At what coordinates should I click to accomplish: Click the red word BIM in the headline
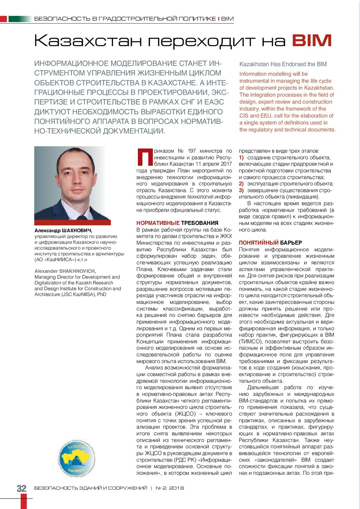pyautogui.click(x=311, y=40)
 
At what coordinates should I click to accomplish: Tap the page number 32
pyautogui.click(x=21, y=488)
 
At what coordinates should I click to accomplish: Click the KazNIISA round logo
pyautogui.click(x=76, y=458)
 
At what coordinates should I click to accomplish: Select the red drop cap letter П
pyautogui.click(x=144, y=157)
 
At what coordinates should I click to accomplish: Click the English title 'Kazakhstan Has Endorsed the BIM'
pyautogui.click(x=283, y=64)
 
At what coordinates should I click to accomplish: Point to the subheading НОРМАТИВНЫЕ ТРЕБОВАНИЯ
pyautogui.click(x=177, y=223)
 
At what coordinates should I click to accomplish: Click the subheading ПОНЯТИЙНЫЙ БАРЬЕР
pyautogui.click(x=270, y=243)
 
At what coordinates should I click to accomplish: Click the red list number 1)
pyautogui.click(x=242, y=157)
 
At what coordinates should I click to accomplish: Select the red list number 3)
pyautogui.click(x=242, y=190)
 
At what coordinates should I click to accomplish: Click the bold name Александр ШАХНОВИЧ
pyautogui.click(x=63, y=230)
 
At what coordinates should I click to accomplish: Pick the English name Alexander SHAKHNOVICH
pyautogui.click(x=65, y=271)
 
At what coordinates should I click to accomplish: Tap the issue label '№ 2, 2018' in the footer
pyautogui.click(x=170, y=488)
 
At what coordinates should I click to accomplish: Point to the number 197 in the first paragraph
pyautogui.click(x=192, y=151)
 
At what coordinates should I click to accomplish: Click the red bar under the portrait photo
pyautogui.click(x=72, y=223)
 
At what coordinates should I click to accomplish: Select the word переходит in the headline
pyautogui.click(x=201, y=41)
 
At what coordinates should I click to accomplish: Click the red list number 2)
pyautogui.click(x=242, y=183)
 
